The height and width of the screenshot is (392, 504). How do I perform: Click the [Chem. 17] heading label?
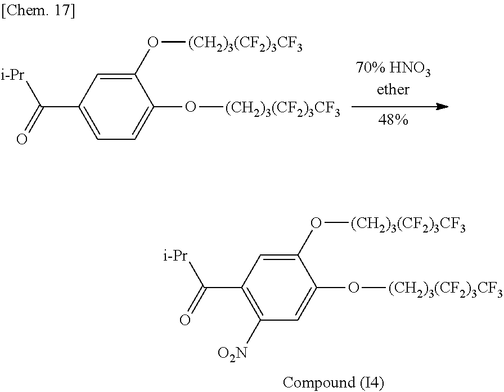tap(38, 11)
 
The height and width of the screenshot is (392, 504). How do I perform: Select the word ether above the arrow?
tap(393, 89)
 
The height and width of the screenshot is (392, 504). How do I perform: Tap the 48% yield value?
tap(393, 120)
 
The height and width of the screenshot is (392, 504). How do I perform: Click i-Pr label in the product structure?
tap(175, 257)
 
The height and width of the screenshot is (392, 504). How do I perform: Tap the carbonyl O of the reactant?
tap(21, 139)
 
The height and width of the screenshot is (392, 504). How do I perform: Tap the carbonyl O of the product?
tap(184, 321)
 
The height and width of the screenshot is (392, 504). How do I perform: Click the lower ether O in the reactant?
tap(191, 107)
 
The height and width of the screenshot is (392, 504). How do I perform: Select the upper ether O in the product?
tap(316, 224)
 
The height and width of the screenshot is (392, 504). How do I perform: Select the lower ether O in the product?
tap(353, 289)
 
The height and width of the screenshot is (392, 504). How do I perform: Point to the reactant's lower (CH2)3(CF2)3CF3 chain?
tap(282, 108)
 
